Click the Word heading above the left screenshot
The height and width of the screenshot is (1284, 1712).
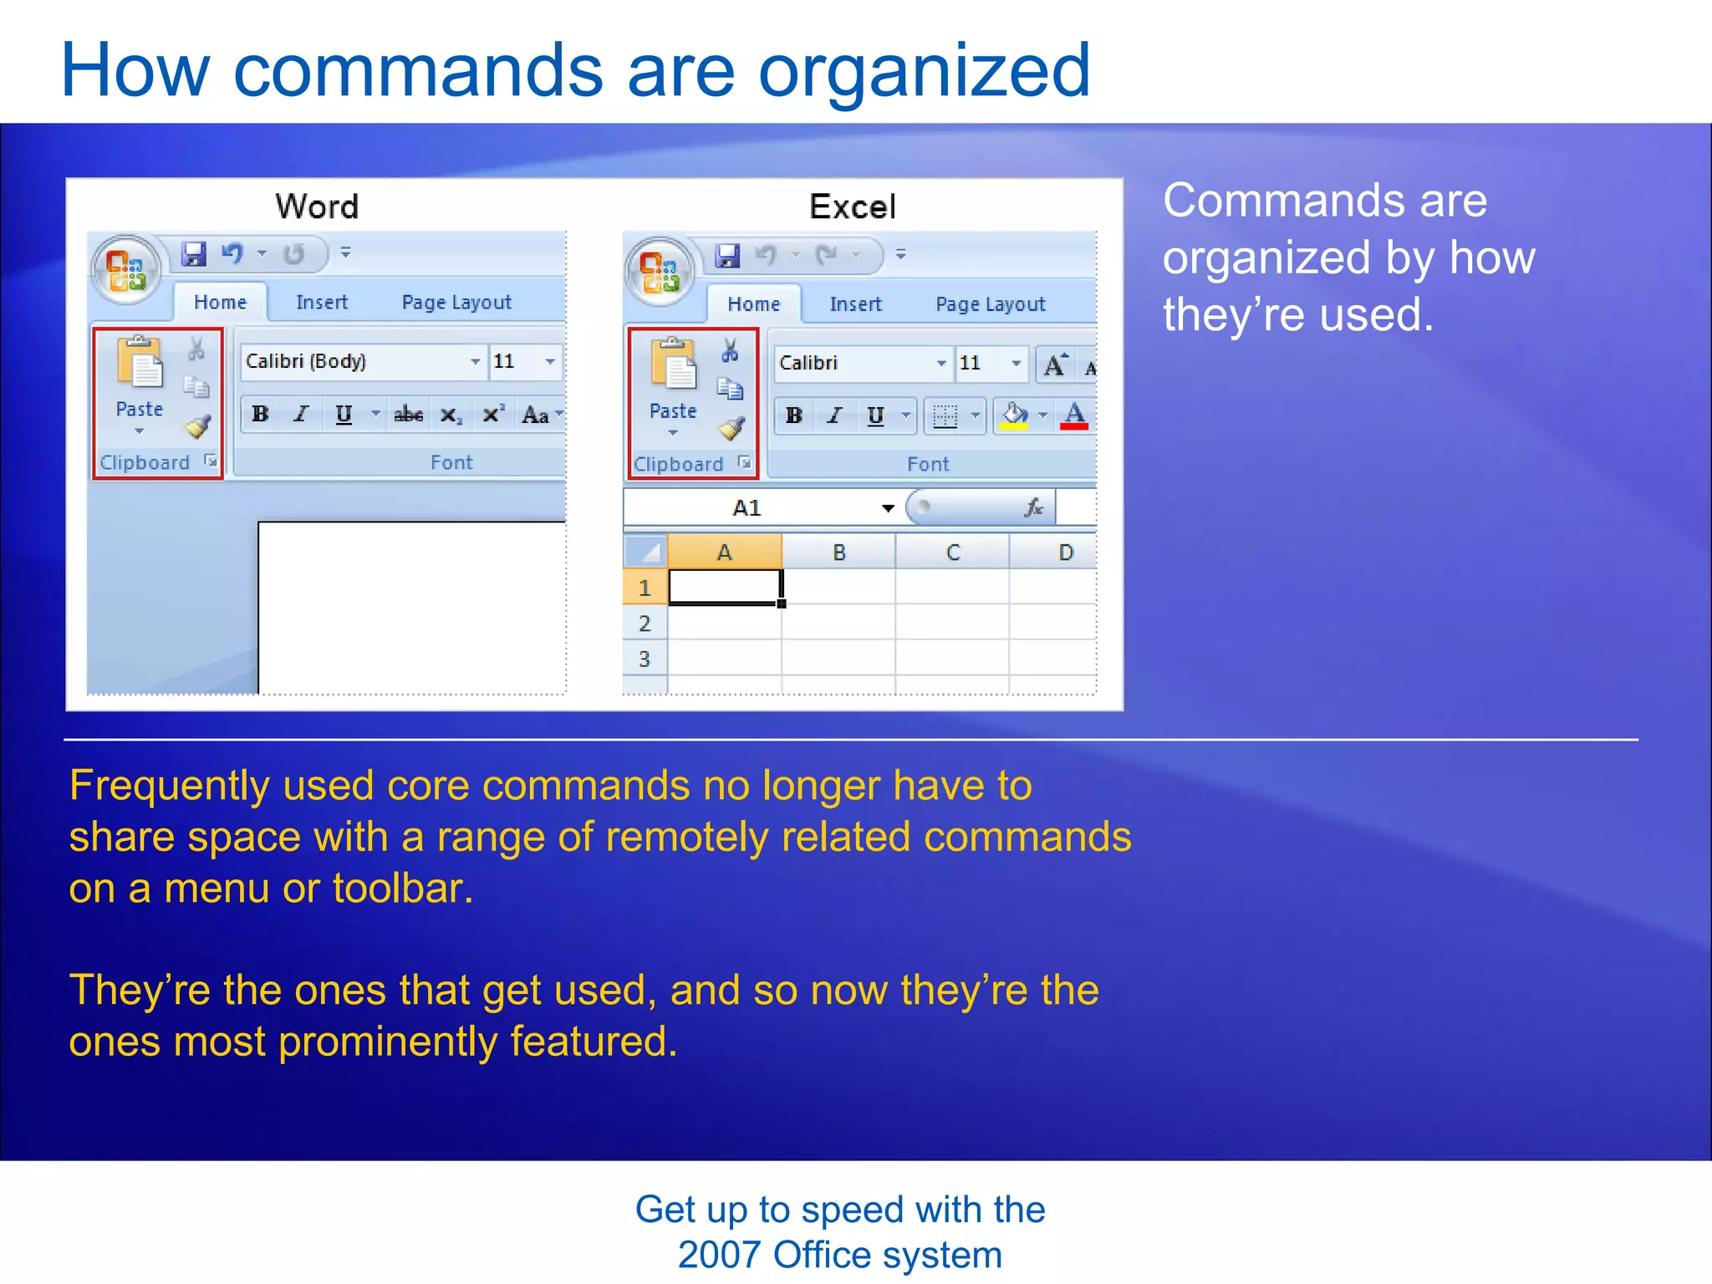317,206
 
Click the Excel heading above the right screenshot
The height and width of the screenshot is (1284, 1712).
852,206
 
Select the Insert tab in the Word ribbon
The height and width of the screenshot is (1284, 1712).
322,303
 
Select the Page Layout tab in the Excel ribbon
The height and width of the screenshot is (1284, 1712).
990,304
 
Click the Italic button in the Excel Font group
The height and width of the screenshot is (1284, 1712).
834,415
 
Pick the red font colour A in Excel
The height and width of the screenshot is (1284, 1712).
1074,415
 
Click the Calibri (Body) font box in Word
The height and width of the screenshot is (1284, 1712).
355,361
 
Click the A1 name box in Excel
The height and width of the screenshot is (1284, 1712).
746,508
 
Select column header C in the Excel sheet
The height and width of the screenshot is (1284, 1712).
952,553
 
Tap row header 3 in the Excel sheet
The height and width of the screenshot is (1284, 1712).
645,659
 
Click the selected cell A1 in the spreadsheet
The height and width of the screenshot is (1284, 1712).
724,587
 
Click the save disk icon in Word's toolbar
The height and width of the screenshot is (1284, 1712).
194,254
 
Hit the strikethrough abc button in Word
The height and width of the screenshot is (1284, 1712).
408,415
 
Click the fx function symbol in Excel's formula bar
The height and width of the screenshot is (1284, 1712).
1034,507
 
